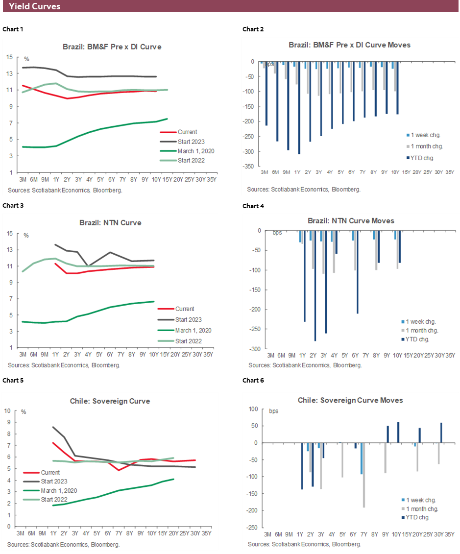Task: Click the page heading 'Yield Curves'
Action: coord(34,6)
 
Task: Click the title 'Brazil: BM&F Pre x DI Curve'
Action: coord(112,47)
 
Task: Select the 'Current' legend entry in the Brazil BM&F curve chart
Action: coord(187,132)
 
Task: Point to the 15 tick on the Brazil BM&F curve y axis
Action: coord(9,57)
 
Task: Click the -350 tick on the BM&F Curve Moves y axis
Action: coord(250,167)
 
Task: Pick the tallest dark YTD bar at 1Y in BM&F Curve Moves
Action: coord(299,108)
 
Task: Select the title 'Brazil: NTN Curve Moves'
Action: coord(351,221)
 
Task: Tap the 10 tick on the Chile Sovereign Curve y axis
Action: coord(8,410)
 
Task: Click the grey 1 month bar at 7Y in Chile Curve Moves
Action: coord(364,475)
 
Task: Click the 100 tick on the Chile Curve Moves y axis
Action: coord(253,409)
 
